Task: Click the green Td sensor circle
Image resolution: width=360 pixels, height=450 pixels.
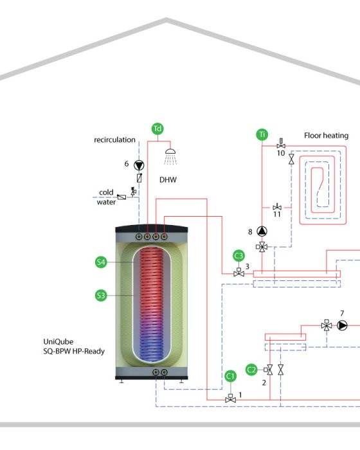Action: coord(157,129)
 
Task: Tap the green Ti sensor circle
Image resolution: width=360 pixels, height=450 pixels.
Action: coord(262,134)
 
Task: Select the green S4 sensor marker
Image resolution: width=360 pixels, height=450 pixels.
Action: coord(101,262)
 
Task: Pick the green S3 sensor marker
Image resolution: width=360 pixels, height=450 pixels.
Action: coord(101,295)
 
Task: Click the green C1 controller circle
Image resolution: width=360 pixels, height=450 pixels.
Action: coord(231,376)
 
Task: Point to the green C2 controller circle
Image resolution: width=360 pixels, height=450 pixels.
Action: coord(251,370)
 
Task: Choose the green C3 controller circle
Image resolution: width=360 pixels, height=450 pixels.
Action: coord(239,256)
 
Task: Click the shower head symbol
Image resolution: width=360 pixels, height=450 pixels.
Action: coord(170,157)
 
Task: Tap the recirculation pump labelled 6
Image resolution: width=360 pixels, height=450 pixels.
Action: coord(139,165)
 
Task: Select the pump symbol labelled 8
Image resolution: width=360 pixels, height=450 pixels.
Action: coord(262,231)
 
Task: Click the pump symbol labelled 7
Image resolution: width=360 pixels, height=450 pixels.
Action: coord(342,325)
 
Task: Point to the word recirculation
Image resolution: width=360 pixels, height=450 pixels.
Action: coord(114,139)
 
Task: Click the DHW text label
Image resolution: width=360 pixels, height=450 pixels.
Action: coord(168,179)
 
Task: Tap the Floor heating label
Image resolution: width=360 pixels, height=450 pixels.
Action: coord(327,136)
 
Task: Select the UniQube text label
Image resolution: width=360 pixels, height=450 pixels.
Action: coord(59,341)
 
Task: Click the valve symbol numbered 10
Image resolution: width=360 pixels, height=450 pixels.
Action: coord(281,144)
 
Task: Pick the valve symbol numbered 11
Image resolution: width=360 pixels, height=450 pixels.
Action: coord(277,206)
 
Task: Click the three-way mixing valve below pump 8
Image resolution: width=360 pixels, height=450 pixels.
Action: coord(262,246)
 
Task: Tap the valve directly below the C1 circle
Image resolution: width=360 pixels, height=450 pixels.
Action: coord(231,399)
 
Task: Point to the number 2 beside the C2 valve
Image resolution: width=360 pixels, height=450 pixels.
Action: coord(264,382)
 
